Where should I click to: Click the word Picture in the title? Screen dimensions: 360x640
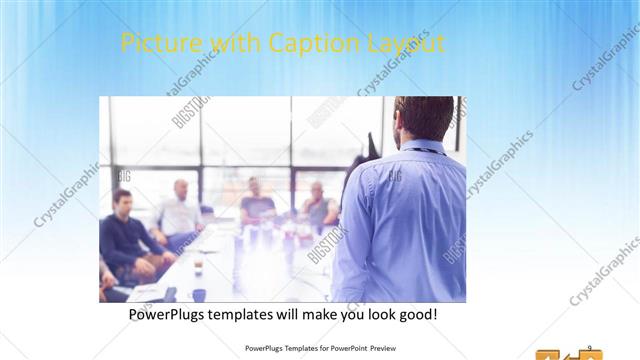(152, 44)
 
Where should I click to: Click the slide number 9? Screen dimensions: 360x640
(589, 347)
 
